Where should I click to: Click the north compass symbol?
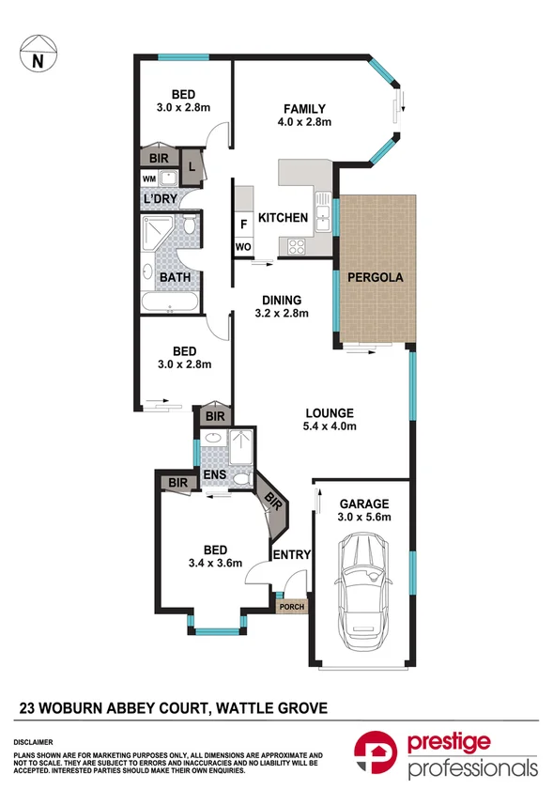click(38, 54)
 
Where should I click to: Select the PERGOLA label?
click(375, 278)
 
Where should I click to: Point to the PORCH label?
click(291, 607)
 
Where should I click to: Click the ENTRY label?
click(290, 555)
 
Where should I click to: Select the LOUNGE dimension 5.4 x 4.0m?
click(328, 426)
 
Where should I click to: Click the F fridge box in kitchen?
click(244, 225)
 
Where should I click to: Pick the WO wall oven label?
click(243, 247)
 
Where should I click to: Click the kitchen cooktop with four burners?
click(297, 247)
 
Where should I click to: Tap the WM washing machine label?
click(149, 178)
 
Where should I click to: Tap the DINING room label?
click(282, 300)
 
